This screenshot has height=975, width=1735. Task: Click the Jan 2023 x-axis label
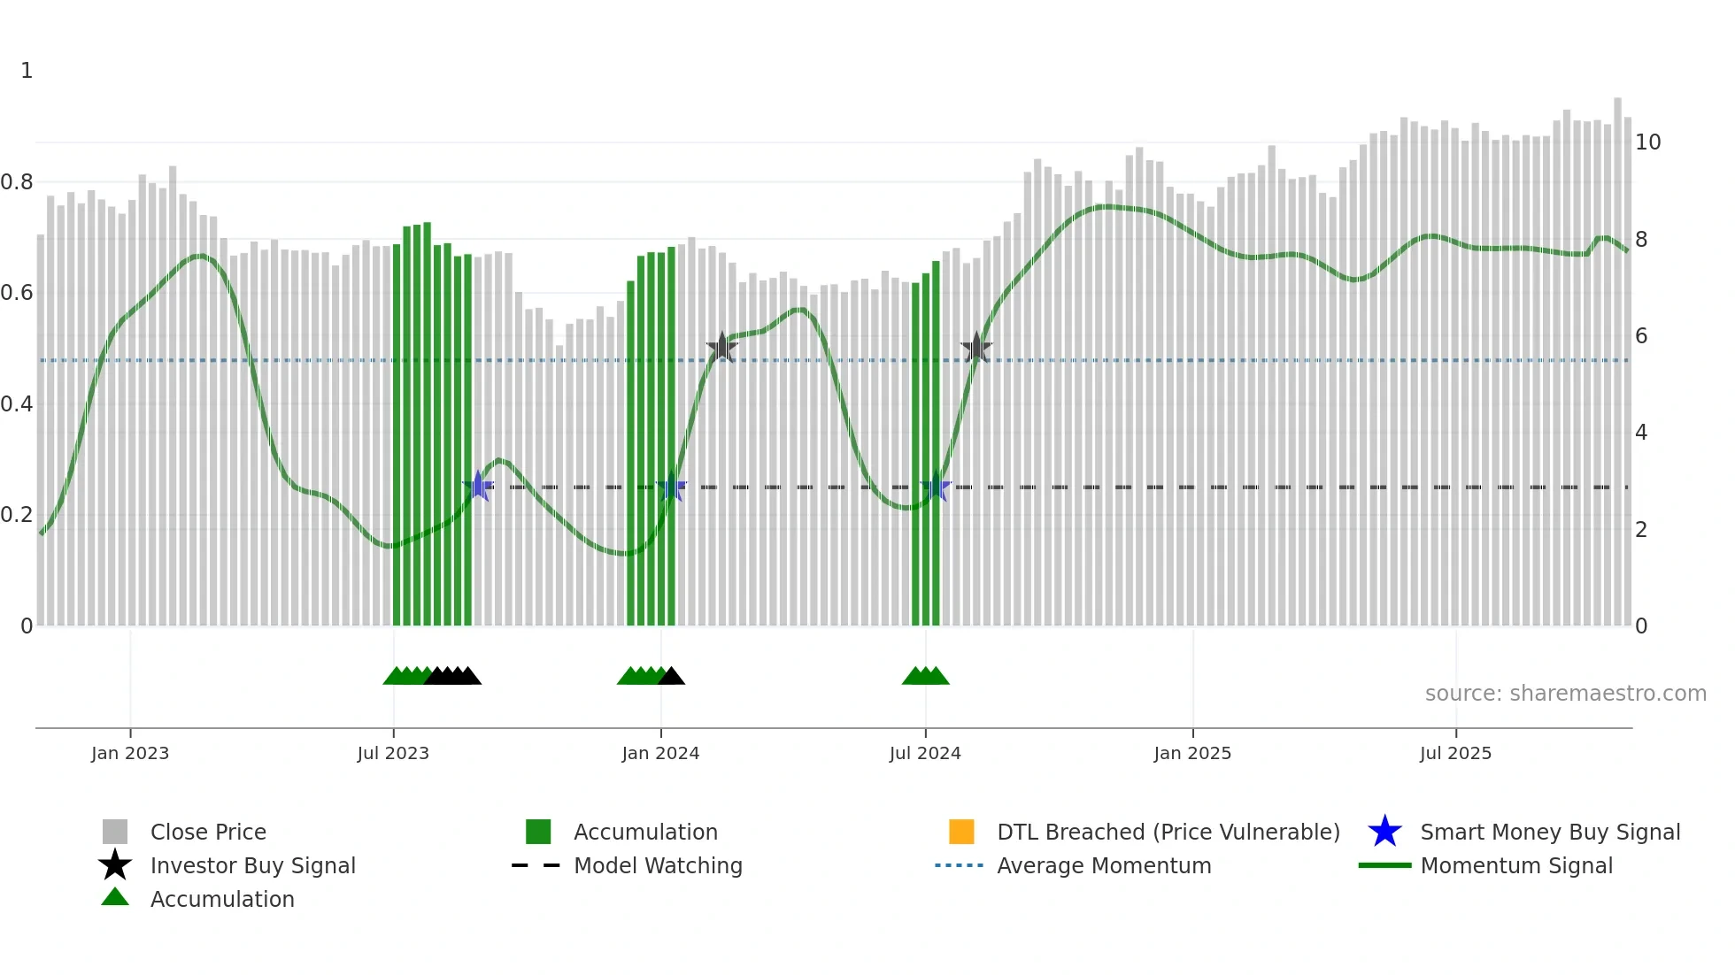click(x=130, y=753)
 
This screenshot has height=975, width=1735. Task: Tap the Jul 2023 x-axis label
click(x=393, y=753)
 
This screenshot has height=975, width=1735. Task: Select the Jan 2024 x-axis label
click(x=660, y=753)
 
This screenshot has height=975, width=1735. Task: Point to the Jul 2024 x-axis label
click(x=925, y=753)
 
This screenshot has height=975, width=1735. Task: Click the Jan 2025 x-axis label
click(x=1192, y=753)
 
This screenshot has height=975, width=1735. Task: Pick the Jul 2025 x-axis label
click(x=1455, y=753)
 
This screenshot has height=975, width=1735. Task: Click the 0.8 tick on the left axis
click(x=17, y=182)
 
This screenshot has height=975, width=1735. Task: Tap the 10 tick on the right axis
click(x=1647, y=142)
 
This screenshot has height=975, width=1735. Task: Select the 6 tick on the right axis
click(x=1641, y=336)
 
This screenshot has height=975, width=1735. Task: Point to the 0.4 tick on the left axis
click(x=17, y=404)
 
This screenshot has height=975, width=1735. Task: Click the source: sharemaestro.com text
click(x=1565, y=694)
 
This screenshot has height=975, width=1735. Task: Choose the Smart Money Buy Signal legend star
click(x=1384, y=832)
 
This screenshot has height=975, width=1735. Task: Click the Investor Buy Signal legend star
click(x=115, y=865)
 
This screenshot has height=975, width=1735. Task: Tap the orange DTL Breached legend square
click(x=961, y=832)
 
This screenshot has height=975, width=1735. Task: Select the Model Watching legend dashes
click(x=536, y=865)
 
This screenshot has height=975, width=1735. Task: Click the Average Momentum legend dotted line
click(x=960, y=865)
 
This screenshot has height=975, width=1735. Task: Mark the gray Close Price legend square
click(x=115, y=832)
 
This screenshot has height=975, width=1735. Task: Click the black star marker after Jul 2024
click(x=976, y=348)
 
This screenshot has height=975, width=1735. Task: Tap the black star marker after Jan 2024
click(x=722, y=347)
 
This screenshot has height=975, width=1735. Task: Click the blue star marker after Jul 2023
click(x=478, y=486)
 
